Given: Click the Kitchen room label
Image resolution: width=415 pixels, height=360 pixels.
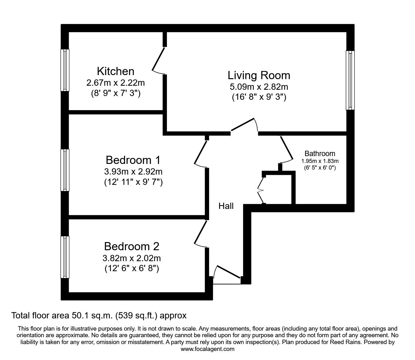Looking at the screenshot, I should click(115, 71).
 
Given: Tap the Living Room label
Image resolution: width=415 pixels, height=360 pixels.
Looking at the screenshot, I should click(259, 75).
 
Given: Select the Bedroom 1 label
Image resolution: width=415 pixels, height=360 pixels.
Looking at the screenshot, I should click(133, 160).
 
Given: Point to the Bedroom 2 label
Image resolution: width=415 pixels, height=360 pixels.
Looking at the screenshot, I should click(132, 246).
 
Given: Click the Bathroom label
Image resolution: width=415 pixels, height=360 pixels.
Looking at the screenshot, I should click(320, 154).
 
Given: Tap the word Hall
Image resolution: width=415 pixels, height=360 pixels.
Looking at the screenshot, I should click(226, 206).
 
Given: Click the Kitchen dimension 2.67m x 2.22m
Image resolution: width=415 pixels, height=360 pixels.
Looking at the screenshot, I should click(115, 83).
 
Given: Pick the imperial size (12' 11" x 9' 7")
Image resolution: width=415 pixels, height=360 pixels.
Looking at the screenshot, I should click(133, 182).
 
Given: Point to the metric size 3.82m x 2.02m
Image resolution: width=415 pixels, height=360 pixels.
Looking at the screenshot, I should click(132, 258).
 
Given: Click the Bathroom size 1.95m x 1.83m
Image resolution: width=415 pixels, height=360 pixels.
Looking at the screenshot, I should click(320, 161).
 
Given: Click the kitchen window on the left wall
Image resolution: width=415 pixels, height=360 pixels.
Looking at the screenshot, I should click(65, 70).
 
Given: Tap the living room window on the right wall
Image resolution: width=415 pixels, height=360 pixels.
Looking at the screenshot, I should click(350, 80).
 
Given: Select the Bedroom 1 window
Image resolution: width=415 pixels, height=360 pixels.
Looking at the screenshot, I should click(65, 170).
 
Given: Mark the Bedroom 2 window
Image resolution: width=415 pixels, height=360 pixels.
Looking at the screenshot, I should click(65, 257).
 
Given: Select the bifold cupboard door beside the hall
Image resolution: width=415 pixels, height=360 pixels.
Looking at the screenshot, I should click(260, 190).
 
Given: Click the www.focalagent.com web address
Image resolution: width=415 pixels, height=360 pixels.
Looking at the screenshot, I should click(207, 349).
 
